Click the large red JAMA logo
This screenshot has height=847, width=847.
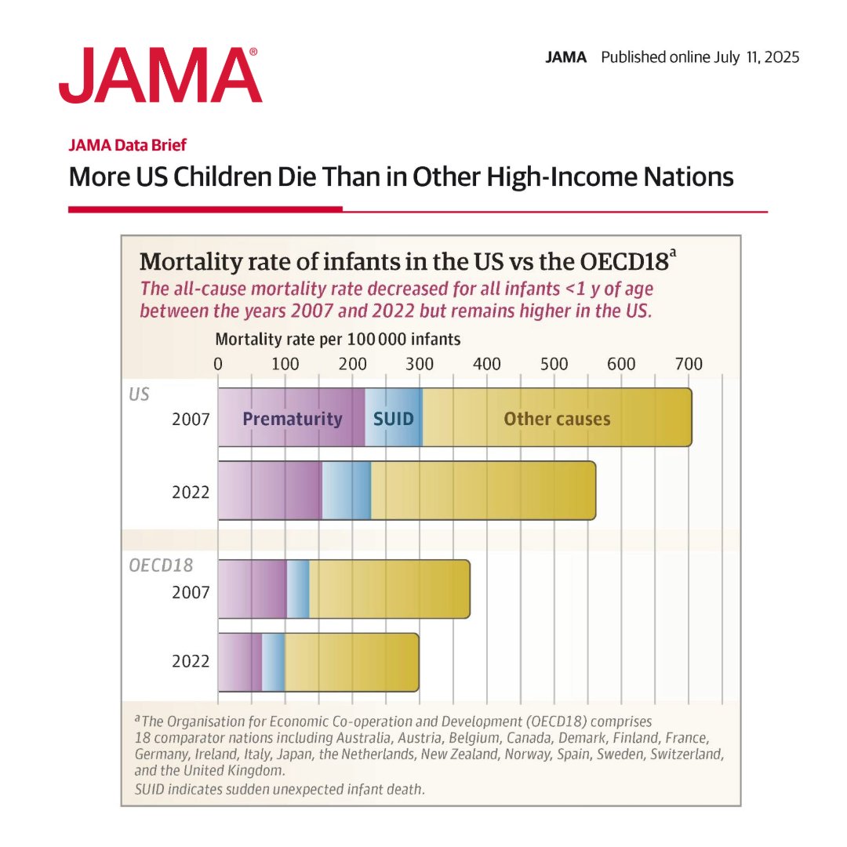[x=160, y=75]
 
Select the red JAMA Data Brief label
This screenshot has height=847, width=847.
[x=128, y=144]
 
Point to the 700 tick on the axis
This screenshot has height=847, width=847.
[x=689, y=364]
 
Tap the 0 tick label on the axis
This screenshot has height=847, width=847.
[x=218, y=364]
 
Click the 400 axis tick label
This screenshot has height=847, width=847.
[x=487, y=364]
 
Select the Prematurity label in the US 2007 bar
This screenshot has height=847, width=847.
[x=293, y=419]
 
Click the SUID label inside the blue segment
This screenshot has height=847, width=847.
[x=393, y=419]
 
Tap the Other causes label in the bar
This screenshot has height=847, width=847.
[x=557, y=419]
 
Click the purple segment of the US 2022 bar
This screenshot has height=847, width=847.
[x=269, y=490]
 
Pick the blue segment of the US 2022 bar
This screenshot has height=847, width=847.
[x=346, y=490]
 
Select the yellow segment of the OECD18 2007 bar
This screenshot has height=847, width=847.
[x=389, y=589]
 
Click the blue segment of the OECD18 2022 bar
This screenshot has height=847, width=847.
[x=273, y=662]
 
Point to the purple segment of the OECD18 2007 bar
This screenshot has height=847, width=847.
[x=252, y=589]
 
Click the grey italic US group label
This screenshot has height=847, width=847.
[x=139, y=394]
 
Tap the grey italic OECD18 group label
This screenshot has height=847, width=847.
[x=161, y=565]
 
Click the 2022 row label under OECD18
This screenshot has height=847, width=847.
[x=191, y=662]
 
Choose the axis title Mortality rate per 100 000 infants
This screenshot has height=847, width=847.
[x=338, y=340]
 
